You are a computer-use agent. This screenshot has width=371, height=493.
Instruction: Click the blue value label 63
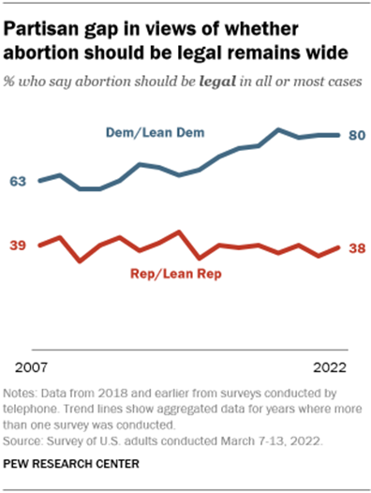pos(18,181)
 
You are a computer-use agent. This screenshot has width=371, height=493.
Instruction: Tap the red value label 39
pos(18,246)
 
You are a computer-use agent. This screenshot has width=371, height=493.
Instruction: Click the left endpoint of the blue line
pos(38,181)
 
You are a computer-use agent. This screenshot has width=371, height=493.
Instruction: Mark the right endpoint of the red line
pos(339,247)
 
